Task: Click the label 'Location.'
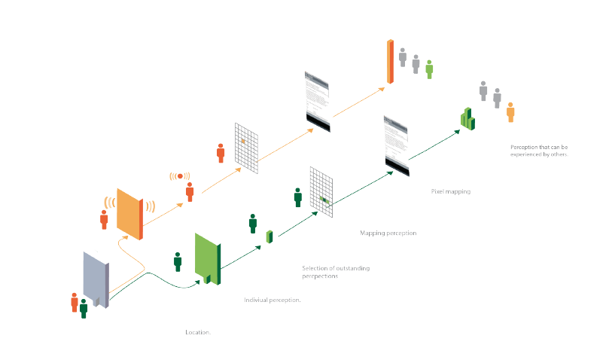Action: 197,332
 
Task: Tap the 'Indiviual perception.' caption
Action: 273,300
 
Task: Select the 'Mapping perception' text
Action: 388,233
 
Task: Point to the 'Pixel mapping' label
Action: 450,192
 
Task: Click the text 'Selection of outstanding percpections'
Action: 336,272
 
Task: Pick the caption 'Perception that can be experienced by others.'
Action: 539,150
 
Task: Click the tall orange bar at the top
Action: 390,60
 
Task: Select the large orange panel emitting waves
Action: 129,213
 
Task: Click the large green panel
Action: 206,259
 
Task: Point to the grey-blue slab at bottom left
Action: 96,279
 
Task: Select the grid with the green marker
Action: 321,192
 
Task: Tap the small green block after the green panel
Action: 269,236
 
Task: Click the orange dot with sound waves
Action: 180,175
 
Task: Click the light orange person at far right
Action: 510,112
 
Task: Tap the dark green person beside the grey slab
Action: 84,307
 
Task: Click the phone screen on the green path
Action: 396,145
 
